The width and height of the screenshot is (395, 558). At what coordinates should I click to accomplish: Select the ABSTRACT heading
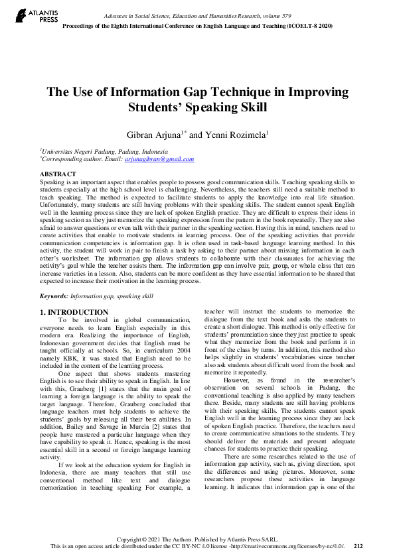tap(58, 174)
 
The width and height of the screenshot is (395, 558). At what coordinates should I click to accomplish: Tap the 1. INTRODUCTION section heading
tap(74, 311)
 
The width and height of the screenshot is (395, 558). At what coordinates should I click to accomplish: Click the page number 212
tap(358, 546)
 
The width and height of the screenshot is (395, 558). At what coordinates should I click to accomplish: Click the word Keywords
tap(54, 296)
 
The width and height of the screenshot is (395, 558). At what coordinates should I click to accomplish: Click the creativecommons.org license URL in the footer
tap(291, 546)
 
